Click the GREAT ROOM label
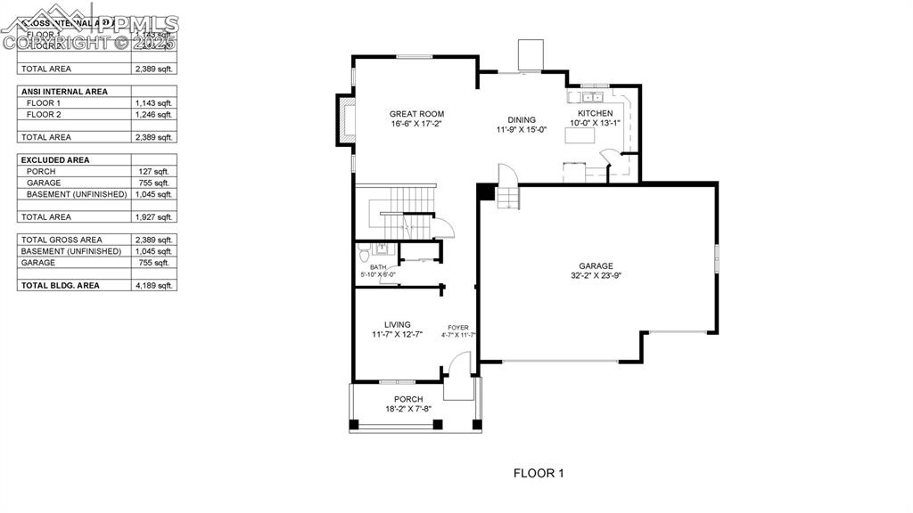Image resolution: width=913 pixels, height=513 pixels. pyautogui.click(x=416, y=114)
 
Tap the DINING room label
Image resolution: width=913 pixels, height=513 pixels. pyautogui.click(x=522, y=120)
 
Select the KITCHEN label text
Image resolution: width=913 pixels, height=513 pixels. pyautogui.click(x=595, y=114)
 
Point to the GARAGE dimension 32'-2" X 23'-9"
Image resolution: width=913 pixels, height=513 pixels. pyautogui.click(x=596, y=276)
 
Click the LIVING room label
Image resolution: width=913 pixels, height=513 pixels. pyautogui.click(x=397, y=324)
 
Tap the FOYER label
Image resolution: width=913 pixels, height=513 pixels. pyautogui.click(x=457, y=328)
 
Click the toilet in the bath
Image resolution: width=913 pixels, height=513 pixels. pyautogui.click(x=365, y=256)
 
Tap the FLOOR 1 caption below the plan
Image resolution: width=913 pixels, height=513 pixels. pyautogui.click(x=539, y=473)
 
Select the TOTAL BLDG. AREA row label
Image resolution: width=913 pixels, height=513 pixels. pyautogui.click(x=62, y=286)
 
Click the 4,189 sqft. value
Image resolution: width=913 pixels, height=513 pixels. pyautogui.click(x=153, y=286)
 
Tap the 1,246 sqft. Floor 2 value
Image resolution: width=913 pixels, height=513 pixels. pyautogui.click(x=153, y=115)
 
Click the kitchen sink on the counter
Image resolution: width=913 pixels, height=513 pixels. pyautogui.click(x=591, y=96)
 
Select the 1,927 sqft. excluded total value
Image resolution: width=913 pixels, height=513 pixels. pyautogui.click(x=153, y=217)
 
